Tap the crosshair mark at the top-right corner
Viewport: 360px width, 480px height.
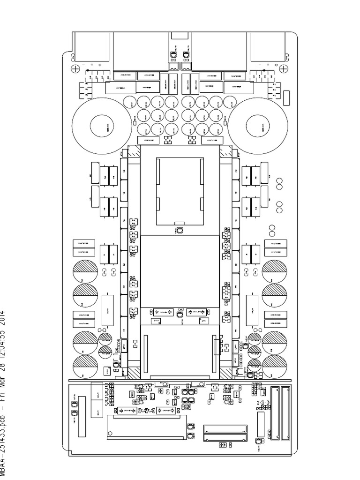tap(284, 69)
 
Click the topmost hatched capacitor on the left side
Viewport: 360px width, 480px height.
tap(85, 270)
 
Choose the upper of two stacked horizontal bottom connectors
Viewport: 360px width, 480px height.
tap(225, 428)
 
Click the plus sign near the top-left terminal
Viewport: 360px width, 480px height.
tap(92, 65)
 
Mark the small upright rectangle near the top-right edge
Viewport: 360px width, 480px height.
tap(286, 97)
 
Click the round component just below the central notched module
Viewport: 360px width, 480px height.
tap(180, 230)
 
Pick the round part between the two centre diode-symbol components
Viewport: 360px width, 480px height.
tap(180, 317)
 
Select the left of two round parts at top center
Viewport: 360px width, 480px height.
tap(173, 55)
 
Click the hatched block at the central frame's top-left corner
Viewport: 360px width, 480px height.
tap(134, 151)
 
